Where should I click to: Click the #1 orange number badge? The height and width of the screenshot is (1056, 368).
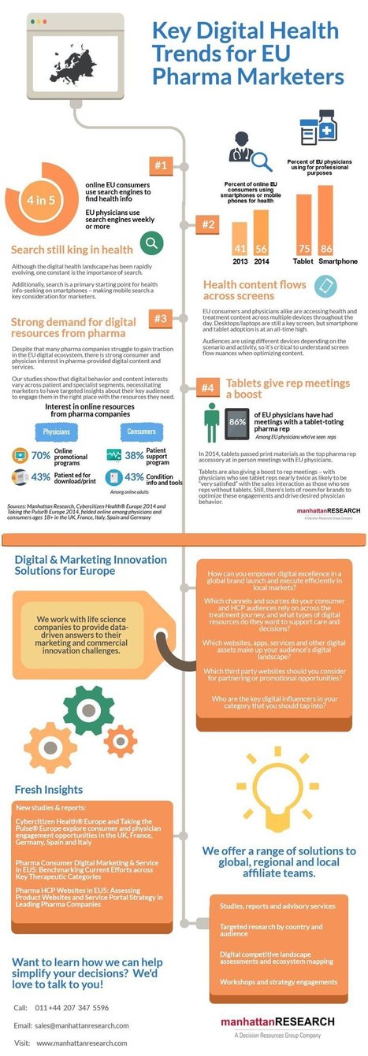162,165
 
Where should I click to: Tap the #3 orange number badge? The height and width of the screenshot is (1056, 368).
160,319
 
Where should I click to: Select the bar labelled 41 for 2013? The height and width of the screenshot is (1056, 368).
240,236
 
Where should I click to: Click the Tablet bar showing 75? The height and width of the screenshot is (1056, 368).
303,224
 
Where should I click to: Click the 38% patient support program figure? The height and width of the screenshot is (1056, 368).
134,455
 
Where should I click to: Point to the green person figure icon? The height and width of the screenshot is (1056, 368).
211,424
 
